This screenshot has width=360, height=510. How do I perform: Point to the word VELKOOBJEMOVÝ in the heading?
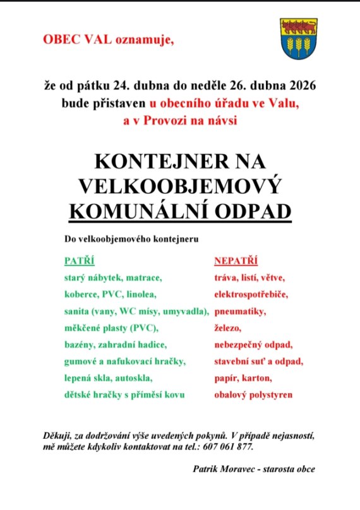click(179, 186)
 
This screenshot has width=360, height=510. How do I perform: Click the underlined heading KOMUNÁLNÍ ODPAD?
click(179, 211)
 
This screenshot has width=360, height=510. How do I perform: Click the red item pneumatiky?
click(240, 312)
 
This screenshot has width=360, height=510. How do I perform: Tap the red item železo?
click(227, 328)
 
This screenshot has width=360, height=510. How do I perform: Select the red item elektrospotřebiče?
click(251, 294)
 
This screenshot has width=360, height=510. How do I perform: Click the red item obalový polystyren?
click(253, 395)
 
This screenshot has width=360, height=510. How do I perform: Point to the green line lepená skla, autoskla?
click(108, 378)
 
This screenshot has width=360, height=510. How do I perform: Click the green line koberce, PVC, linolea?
click(110, 294)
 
